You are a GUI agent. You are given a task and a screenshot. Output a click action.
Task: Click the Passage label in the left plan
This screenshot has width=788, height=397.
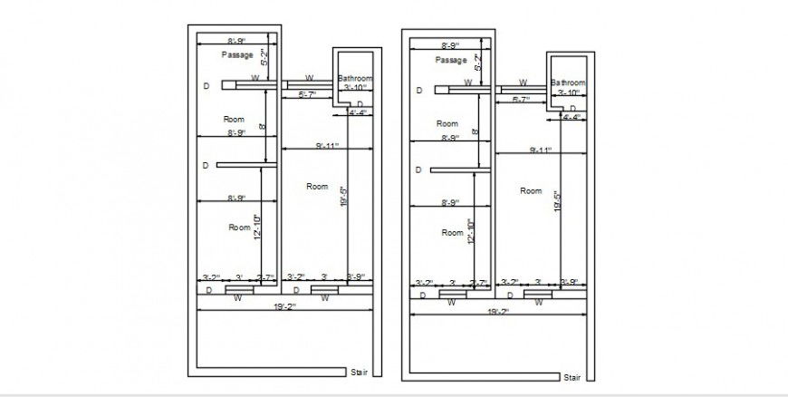pos(237,55)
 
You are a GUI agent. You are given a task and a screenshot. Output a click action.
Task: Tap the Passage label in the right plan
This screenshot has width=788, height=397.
pos(451,60)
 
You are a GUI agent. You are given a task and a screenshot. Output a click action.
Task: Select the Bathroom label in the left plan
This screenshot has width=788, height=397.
pos(354,79)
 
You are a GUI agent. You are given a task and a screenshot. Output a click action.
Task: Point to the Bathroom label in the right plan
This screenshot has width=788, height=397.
pos(568,83)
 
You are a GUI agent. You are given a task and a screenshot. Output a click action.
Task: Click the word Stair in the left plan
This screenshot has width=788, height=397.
pos(359,372)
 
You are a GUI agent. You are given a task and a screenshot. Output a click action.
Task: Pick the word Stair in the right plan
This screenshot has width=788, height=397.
pos(572,377)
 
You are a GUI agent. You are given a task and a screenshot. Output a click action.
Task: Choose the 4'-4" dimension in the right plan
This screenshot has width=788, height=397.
pos(571,117)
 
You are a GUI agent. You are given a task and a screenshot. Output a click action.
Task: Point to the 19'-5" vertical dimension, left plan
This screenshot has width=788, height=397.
pos(342,198)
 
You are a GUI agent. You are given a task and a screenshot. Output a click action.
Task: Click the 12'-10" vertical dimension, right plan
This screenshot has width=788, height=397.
pos(470,232)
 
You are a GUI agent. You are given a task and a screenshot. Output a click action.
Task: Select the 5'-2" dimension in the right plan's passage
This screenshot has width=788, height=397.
pos(477,63)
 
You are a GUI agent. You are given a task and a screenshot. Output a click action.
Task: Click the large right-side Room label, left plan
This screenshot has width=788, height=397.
pos(316,186)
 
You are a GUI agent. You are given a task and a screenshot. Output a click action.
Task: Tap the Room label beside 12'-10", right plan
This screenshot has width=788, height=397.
pos(452,233)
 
